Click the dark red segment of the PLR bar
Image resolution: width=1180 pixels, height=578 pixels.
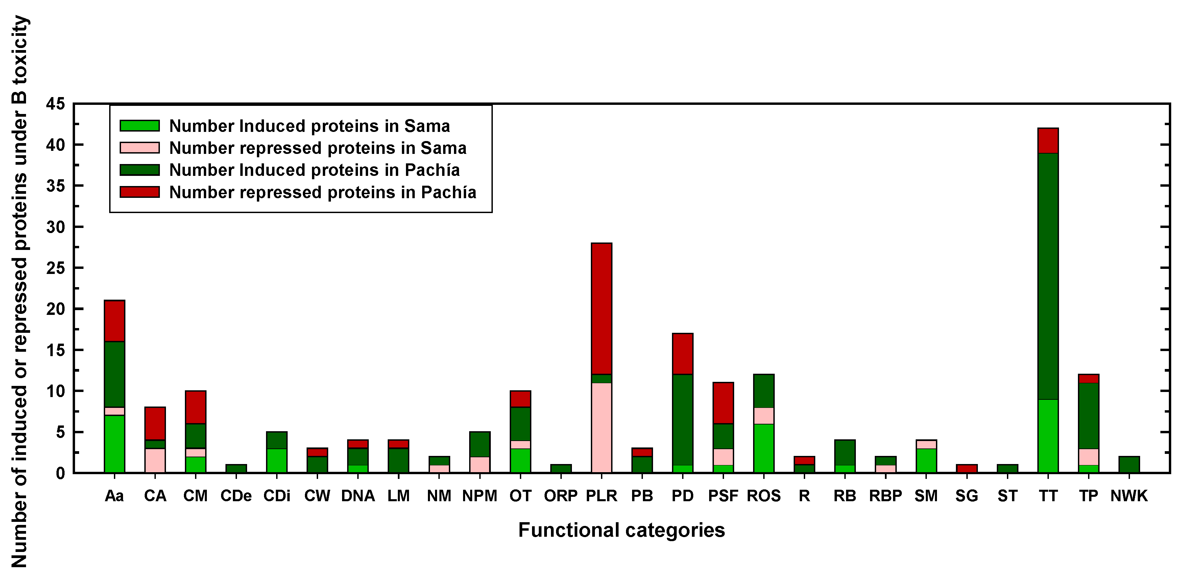click(x=601, y=308)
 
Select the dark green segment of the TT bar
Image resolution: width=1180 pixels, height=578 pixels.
click(x=1048, y=276)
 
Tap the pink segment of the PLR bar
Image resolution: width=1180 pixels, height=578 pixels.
click(x=601, y=427)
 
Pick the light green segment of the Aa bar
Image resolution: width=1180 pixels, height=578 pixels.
click(x=115, y=443)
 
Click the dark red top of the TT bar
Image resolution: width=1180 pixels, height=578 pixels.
click(x=1048, y=141)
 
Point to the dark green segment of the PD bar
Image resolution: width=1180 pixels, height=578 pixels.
click(x=682, y=419)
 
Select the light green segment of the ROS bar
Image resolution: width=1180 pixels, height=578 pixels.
click(x=764, y=448)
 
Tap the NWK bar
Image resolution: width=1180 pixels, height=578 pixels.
click(x=1129, y=464)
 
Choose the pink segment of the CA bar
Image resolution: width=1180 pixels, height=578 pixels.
click(x=155, y=460)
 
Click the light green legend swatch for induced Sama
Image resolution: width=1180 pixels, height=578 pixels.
click(x=139, y=125)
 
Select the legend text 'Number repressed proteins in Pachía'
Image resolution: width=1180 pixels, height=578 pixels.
click(x=322, y=192)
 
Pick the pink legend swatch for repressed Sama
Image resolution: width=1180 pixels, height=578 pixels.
click(x=139, y=147)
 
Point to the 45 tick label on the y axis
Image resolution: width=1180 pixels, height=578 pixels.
click(x=55, y=105)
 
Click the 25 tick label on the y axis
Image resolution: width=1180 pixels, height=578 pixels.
click(x=55, y=268)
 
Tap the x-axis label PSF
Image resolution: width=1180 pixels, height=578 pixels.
click(x=723, y=496)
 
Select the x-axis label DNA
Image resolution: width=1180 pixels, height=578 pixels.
click(x=358, y=496)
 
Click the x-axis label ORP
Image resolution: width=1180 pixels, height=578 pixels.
click(x=561, y=496)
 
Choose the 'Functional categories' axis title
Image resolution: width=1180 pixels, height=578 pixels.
click(x=621, y=530)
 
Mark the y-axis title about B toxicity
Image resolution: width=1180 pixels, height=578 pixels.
click(x=19, y=292)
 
